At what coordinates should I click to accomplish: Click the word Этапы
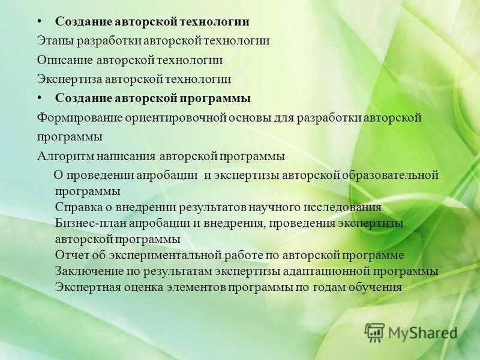(x=53, y=41)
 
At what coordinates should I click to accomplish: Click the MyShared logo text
(x=421, y=332)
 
